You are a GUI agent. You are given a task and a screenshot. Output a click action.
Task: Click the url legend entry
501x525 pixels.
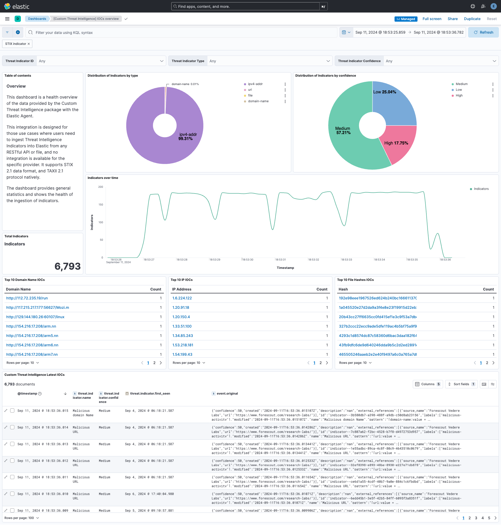tap(250, 90)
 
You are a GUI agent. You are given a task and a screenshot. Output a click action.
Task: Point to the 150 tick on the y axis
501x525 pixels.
tap(101, 205)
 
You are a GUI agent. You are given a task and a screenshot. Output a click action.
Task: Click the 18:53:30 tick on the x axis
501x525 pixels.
tap(248, 260)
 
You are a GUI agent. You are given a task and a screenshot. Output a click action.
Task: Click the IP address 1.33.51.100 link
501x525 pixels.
tap(182, 326)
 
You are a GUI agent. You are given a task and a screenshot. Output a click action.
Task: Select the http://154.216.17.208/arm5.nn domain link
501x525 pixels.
tap(32, 335)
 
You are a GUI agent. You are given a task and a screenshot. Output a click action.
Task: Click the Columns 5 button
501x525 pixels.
tap(428, 384)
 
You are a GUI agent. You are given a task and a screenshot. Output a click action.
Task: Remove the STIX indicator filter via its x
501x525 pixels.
tap(29, 44)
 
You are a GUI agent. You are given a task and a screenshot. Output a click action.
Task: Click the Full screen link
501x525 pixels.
tap(432, 19)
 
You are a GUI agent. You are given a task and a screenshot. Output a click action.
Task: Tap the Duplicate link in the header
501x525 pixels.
tap(472, 19)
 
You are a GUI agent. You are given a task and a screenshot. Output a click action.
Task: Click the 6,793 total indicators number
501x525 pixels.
tap(67, 266)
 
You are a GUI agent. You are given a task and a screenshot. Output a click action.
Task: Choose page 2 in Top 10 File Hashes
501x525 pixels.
tap(487, 363)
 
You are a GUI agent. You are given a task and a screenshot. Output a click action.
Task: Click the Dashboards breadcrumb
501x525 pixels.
tap(37, 19)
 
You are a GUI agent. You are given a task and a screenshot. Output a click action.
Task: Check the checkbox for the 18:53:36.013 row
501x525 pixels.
tap(12, 444)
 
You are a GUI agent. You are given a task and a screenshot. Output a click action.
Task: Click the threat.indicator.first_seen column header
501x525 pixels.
tap(150, 393)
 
